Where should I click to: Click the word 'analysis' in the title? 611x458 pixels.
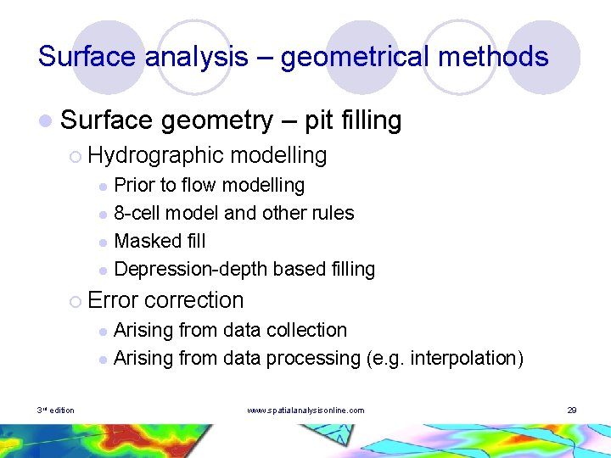pyautogui.click(x=196, y=57)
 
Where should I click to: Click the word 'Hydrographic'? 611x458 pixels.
pyautogui.click(x=154, y=155)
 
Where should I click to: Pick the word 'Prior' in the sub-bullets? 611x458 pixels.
pyautogui.click(x=132, y=185)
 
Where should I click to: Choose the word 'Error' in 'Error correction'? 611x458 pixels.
pyautogui.click(x=113, y=300)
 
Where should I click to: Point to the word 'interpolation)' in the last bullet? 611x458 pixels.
pyautogui.click(x=467, y=358)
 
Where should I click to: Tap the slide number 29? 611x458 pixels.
pyautogui.click(x=572, y=411)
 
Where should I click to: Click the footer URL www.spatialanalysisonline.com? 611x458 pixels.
pyautogui.click(x=305, y=411)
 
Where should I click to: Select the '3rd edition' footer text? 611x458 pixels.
pyautogui.click(x=55, y=411)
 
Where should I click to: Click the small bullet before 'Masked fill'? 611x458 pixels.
pyautogui.click(x=102, y=243)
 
